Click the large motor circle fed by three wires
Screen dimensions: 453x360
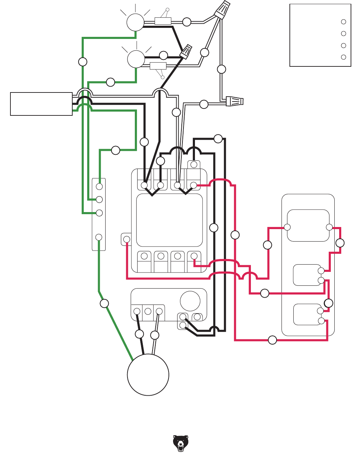coord(148,375)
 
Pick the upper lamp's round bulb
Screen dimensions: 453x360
coord(135,23)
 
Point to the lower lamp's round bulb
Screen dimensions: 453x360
coord(136,59)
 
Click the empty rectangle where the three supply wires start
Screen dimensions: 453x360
coord(41,104)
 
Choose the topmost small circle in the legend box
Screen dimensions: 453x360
coord(343,22)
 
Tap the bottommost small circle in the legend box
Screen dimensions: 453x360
coord(343,57)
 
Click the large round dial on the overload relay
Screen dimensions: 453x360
coord(190,301)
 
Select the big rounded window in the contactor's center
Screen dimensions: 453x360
coord(169,220)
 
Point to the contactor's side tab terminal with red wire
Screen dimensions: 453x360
coord(126,239)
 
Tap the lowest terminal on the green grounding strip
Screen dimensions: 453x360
coord(99,237)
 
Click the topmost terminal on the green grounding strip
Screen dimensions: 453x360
coord(99,186)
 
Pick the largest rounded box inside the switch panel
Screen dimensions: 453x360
coord(308,225)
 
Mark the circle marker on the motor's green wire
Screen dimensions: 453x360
coord(104,304)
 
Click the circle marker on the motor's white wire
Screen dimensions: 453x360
coord(155,335)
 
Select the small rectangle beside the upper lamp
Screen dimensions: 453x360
coord(163,21)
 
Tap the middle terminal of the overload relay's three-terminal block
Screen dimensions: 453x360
coord(148,311)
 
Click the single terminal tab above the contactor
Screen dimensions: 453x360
coord(194,164)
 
